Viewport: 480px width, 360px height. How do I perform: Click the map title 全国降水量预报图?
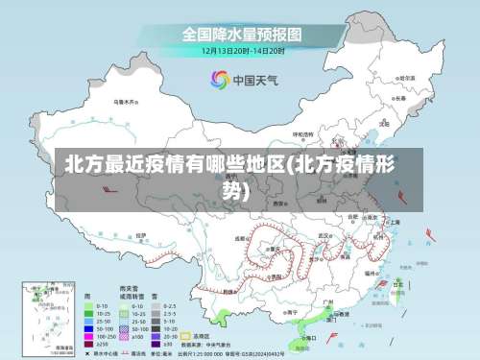242,33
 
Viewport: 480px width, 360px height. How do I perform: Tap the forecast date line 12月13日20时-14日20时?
242,50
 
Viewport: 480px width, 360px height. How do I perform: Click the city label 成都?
241,238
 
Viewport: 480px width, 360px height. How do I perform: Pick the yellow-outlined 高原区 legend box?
186,337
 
